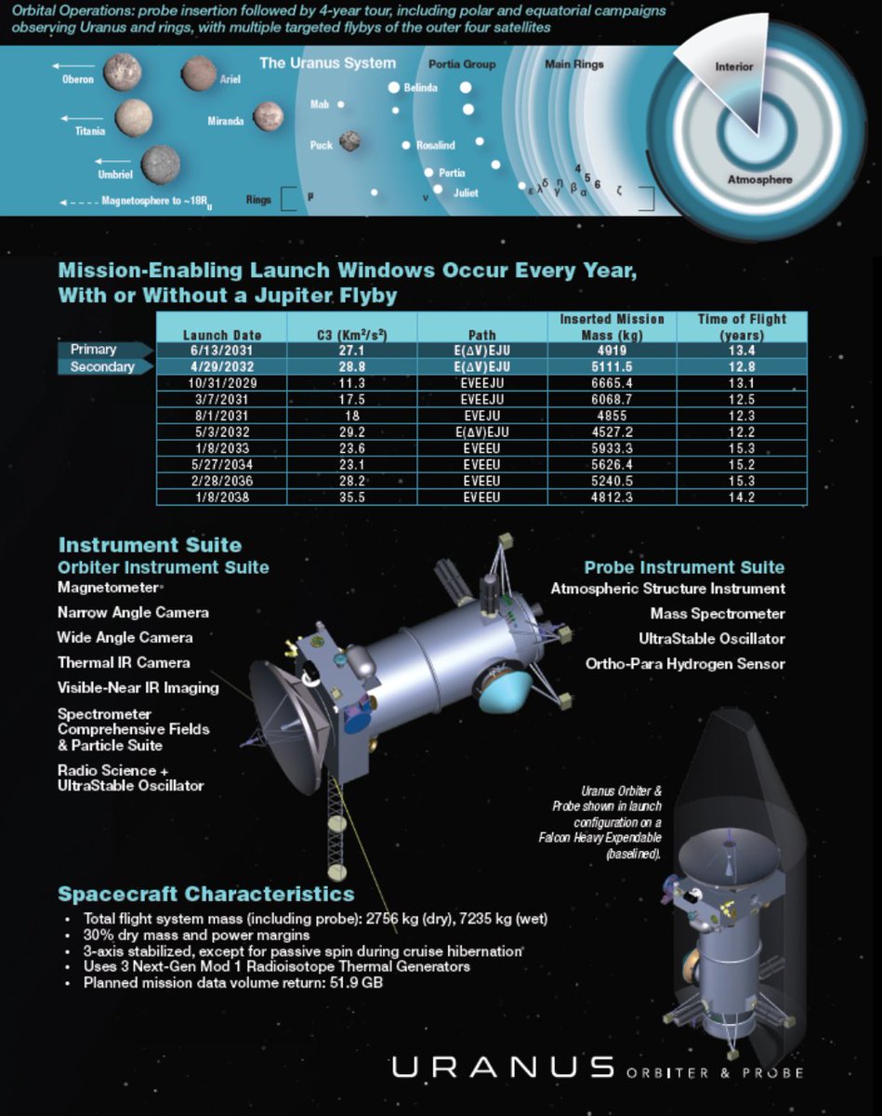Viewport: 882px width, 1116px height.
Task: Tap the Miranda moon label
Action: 226,121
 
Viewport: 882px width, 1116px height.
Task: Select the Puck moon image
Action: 349,140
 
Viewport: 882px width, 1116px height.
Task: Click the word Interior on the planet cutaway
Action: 734,68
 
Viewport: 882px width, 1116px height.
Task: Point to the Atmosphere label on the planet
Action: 759,179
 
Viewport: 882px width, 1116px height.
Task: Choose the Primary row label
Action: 94,350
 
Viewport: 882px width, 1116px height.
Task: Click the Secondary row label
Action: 101,366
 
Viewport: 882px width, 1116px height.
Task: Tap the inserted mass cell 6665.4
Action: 612,381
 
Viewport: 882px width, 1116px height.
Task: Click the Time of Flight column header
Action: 742,326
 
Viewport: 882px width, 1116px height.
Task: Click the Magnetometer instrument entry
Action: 108,588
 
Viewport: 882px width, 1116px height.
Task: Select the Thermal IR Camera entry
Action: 124,663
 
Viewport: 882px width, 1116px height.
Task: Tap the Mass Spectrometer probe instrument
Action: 717,614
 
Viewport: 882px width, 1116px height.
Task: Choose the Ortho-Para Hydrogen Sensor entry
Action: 685,664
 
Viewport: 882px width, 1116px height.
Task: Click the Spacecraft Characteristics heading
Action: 206,895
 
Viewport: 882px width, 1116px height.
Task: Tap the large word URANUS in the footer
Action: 503,1068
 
